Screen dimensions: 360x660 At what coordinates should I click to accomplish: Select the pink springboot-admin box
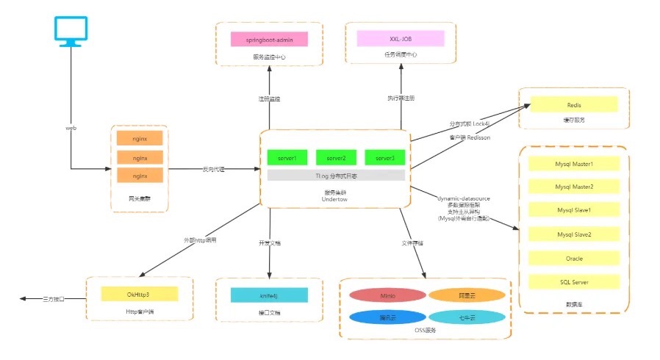[x=268, y=39]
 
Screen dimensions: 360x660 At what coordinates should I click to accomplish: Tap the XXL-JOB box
[x=401, y=39]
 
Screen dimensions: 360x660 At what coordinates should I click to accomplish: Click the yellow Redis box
[x=574, y=105]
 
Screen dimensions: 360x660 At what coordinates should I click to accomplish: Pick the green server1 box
[x=287, y=158]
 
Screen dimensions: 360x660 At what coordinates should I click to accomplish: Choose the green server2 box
[x=336, y=158]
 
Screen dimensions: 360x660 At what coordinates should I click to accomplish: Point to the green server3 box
[x=384, y=158]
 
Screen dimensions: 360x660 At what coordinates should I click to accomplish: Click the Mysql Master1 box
[x=574, y=163]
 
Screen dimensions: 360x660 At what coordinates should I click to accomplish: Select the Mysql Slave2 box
[x=574, y=234]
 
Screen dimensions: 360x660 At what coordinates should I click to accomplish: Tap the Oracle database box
[x=574, y=258]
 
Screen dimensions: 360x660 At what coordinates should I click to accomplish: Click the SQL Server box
[x=574, y=281]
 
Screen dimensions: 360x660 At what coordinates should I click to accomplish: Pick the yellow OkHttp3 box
[x=139, y=295]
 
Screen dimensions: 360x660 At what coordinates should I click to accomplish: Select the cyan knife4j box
[x=268, y=295]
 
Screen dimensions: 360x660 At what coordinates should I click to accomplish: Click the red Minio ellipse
[x=387, y=295]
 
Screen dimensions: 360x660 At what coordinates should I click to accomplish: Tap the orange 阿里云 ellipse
[x=467, y=295]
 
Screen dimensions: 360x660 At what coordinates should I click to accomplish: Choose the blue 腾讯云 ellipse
[x=387, y=317]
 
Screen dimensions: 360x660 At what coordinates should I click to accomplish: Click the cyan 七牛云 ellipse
[x=467, y=317]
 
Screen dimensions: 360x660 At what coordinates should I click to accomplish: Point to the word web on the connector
[x=71, y=128]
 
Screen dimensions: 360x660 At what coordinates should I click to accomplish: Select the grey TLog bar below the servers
[x=336, y=176]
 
